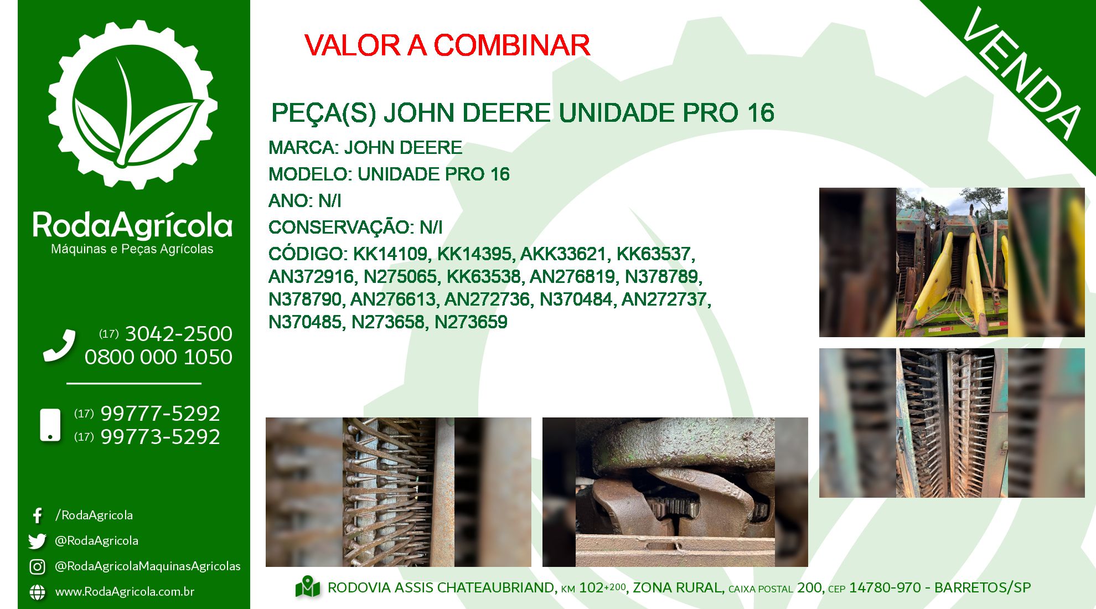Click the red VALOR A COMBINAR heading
click(x=447, y=45)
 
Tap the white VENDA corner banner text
click(x=1022, y=73)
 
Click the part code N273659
click(x=471, y=322)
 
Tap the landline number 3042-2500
click(x=178, y=334)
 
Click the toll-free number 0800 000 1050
click(x=158, y=357)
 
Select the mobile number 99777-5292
click(x=160, y=414)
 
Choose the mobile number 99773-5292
click(x=160, y=437)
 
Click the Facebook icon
click(x=37, y=516)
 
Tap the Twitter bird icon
click(x=37, y=541)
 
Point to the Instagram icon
click(x=37, y=566)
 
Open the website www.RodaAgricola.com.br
click(x=125, y=592)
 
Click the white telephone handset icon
click(x=59, y=345)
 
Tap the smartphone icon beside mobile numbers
click(x=50, y=425)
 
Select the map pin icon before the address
click(x=308, y=587)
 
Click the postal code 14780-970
click(x=885, y=587)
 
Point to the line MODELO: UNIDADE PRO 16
click(x=389, y=174)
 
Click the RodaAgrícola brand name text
click(x=132, y=225)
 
